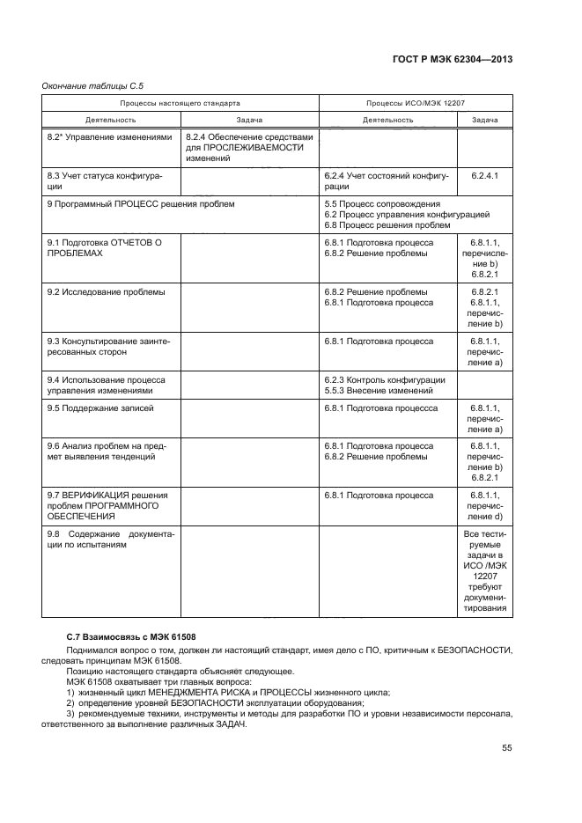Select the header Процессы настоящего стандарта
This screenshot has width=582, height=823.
180,104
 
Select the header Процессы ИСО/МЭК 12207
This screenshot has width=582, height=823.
416,104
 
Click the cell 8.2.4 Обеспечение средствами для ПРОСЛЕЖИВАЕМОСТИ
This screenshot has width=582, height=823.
249,147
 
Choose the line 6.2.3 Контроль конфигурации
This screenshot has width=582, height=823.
384,380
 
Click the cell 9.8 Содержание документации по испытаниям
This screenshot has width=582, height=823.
110,540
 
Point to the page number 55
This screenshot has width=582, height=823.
506,748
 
